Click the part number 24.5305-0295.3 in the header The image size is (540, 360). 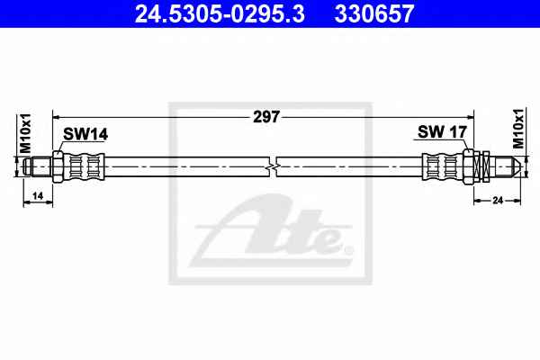[220, 13]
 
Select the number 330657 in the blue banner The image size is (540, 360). [374, 13]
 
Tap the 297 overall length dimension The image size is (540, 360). [265, 117]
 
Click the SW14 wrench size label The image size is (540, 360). [85, 134]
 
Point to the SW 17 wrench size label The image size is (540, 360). [442, 131]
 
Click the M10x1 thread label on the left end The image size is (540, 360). [26, 133]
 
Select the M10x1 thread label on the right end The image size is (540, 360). [518, 129]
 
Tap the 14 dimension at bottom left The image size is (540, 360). [38, 195]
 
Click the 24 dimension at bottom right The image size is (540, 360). [498, 200]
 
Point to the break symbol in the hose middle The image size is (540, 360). [273, 166]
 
